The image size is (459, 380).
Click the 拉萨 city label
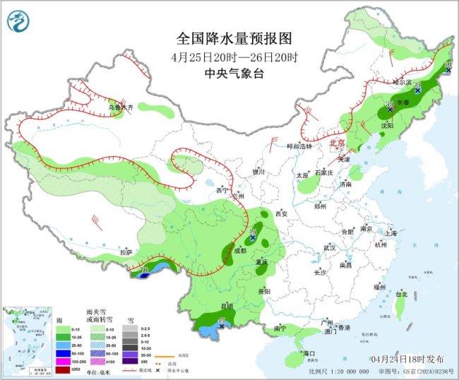pyautogui.click(x=126, y=252)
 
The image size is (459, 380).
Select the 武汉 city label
pyautogui.click(x=329, y=248)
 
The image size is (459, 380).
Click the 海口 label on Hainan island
pyautogui.click(x=308, y=352)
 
